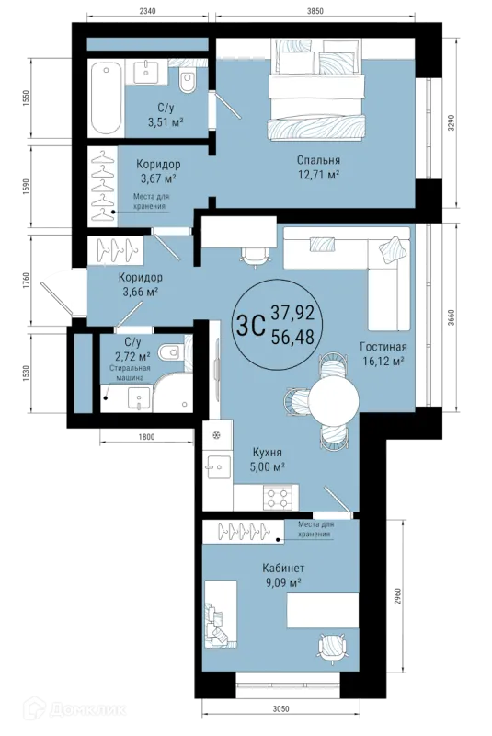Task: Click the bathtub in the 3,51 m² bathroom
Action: pyautogui.click(x=107, y=98)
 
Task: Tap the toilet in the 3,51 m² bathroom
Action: pyautogui.click(x=188, y=80)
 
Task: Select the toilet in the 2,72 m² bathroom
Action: pyautogui.click(x=170, y=352)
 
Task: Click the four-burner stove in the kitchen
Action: pyautogui.click(x=277, y=498)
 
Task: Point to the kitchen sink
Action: pyautogui.click(x=217, y=466)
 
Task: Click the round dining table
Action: pyautogui.click(x=334, y=401)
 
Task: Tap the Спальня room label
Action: pyautogui.click(x=318, y=160)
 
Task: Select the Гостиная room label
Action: pyautogui.click(x=383, y=347)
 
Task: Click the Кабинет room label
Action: pyautogui.click(x=283, y=569)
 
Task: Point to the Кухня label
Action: pyautogui.click(x=268, y=453)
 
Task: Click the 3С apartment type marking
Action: pyautogui.click(x=251, y=326)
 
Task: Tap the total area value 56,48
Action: pyautogui.click(x=292, y=337)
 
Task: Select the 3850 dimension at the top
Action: pyautogui.click(x=315, y=11)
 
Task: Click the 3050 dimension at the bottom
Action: pyautogui.click(x=280, y=709)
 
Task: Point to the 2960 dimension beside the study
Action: pyautogui.click(x=397, y=595)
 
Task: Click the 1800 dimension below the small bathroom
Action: pyautogui.click(x=146, y=437)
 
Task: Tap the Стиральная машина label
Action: pyautogui.click(x=130, y=374)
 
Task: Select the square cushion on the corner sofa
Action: pyautogui.click(x=393, y=248)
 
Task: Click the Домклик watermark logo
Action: pyautogui.click(x=75, y=708)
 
